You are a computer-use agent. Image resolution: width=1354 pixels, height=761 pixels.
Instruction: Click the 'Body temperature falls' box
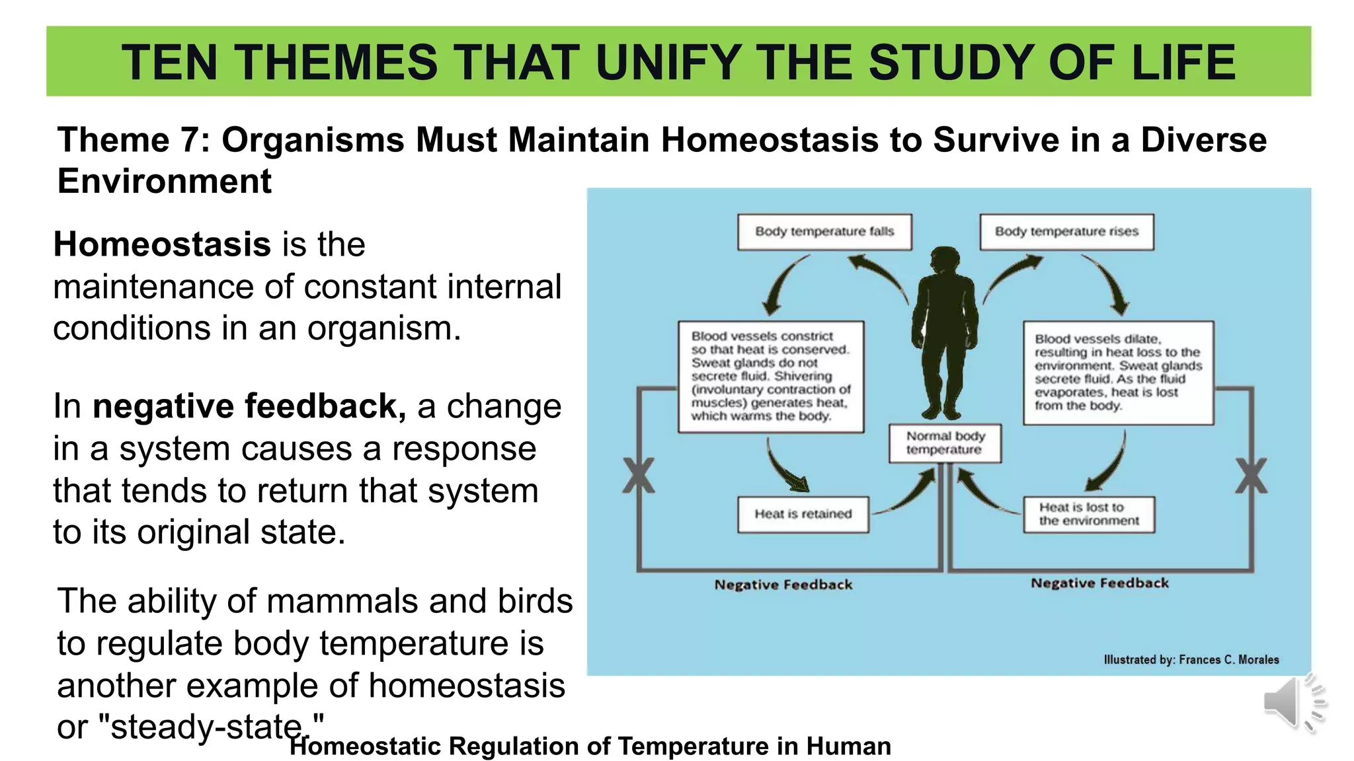(x=824, y=232)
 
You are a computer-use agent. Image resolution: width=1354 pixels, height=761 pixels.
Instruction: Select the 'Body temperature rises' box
(x=1066, y=232)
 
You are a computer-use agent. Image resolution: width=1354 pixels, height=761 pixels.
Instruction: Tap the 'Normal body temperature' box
(x=945, y=443)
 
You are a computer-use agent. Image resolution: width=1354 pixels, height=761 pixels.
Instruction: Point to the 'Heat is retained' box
(x=803, y=514)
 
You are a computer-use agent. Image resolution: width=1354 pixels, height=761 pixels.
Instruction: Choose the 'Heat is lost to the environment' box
(x=1089, y=514)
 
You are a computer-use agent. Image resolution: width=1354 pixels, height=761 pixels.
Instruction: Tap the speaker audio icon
(x=1292, y=703)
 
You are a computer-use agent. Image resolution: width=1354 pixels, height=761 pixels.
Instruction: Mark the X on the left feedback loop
(x=639, y=476)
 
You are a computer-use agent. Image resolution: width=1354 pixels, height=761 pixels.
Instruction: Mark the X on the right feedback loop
(x=1251, y=476)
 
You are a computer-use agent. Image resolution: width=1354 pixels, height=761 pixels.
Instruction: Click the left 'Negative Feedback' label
(x=783, y=585)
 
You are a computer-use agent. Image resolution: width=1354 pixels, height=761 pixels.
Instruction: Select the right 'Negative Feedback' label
(x=1099, y=583)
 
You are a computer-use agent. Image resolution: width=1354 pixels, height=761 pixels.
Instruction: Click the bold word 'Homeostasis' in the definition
(x=162, y=244)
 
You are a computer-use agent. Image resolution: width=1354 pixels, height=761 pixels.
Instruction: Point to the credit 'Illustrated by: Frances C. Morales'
(x=1191, y=659)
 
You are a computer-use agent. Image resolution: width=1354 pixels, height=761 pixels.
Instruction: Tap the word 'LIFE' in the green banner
(x=1183, y=62)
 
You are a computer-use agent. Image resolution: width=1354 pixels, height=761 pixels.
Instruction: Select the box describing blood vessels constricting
(x=771, y=377)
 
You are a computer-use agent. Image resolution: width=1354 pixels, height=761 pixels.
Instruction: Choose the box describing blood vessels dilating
(x=1118, y=373)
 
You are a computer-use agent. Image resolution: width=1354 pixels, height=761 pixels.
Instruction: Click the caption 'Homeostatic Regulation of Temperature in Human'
(x=590, y=746)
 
